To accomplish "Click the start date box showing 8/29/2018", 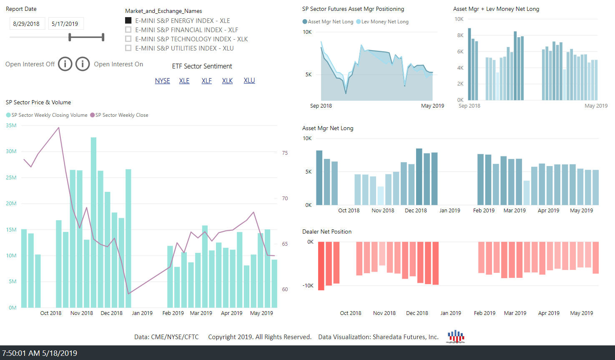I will tap(26, 24).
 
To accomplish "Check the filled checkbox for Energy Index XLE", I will tap(128, 20).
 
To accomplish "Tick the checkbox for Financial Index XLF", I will tap(128, 30).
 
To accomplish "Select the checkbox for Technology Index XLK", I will tap(128, 39).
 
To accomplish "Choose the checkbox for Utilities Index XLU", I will tap(128, 48).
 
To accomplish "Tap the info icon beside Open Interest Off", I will tap(65, 64).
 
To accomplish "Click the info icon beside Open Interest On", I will tap(83, 64).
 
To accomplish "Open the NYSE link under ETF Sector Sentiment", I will tap(162, 81).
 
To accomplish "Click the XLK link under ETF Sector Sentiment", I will tap(227, 81).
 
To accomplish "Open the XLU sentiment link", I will tap(249, 81).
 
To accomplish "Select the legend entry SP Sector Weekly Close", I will tap(121, 115).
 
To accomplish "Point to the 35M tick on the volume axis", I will tap(11, 125).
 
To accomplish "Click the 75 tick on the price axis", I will tap(285, 153).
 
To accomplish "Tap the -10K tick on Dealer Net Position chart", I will tap(308, 286).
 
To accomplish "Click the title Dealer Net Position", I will tap(327, 232).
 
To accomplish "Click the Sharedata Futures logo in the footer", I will tap(456, 336).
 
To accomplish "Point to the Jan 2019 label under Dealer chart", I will tap(451, 313).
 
